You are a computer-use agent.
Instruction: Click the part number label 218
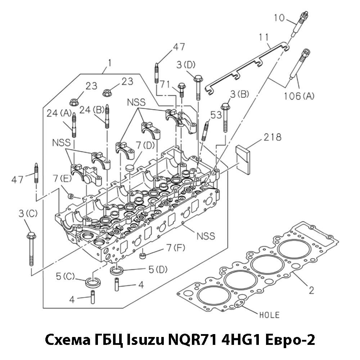272,137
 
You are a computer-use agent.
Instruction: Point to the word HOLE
269,315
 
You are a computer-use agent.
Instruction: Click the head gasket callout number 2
312,289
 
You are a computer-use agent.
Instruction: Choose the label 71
165,84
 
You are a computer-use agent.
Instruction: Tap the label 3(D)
186,65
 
